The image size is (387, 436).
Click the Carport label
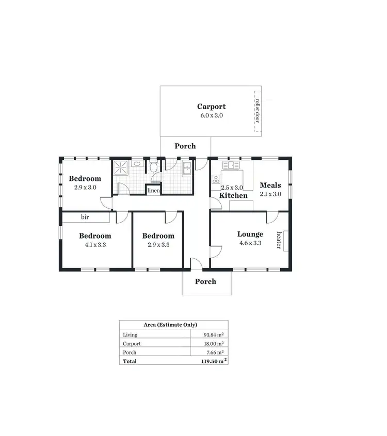pos(211,107)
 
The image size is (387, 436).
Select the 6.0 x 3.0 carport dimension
pos(211,115)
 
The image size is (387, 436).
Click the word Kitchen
pos(233,196)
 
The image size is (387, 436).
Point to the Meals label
pos(270,186)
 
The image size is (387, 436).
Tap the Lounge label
pos(250,234)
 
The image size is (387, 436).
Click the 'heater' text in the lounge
pos(279,240)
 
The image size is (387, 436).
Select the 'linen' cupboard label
pos(153,191)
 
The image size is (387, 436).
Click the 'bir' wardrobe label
pos(85,217)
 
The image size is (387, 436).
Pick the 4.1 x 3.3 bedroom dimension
pos(95,245)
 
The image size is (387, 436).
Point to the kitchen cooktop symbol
pos(216,179)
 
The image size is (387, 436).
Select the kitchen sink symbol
pos(230,165)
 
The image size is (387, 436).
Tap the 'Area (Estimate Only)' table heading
pos(173,325)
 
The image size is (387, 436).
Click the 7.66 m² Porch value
pos(214,353)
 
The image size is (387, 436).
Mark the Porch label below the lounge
pos(205,281)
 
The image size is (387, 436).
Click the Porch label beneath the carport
pos(185,146)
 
